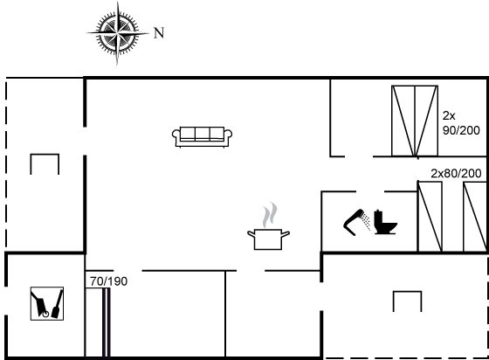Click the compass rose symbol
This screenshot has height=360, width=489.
tap(118, 33)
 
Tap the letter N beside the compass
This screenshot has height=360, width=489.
tap(159, 32)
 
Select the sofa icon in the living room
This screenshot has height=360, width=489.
tap(202, 137)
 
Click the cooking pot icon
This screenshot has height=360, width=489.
tap(268, 239)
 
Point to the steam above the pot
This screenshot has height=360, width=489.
tap(270, 215)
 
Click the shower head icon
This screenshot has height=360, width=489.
tap(357, 222)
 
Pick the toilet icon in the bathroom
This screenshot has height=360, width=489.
tap(385, 222)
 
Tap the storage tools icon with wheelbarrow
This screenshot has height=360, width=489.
tap(47, 303)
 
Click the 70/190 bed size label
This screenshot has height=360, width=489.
tap(109, 281)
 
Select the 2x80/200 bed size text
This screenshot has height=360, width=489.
tap(456, 174)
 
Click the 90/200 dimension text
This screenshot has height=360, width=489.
tap(461, 130)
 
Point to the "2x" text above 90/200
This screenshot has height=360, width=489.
tap(449, 115)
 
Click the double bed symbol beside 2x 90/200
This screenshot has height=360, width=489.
tap(415, 121)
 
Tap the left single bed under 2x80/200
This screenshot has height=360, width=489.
tap(430, 217)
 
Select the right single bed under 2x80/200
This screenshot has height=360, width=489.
tap(475, 217)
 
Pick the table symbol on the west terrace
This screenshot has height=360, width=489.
tap(45, 154)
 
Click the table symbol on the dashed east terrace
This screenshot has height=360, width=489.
tap(407, 292)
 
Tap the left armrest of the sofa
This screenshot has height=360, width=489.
tap(176, 135)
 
